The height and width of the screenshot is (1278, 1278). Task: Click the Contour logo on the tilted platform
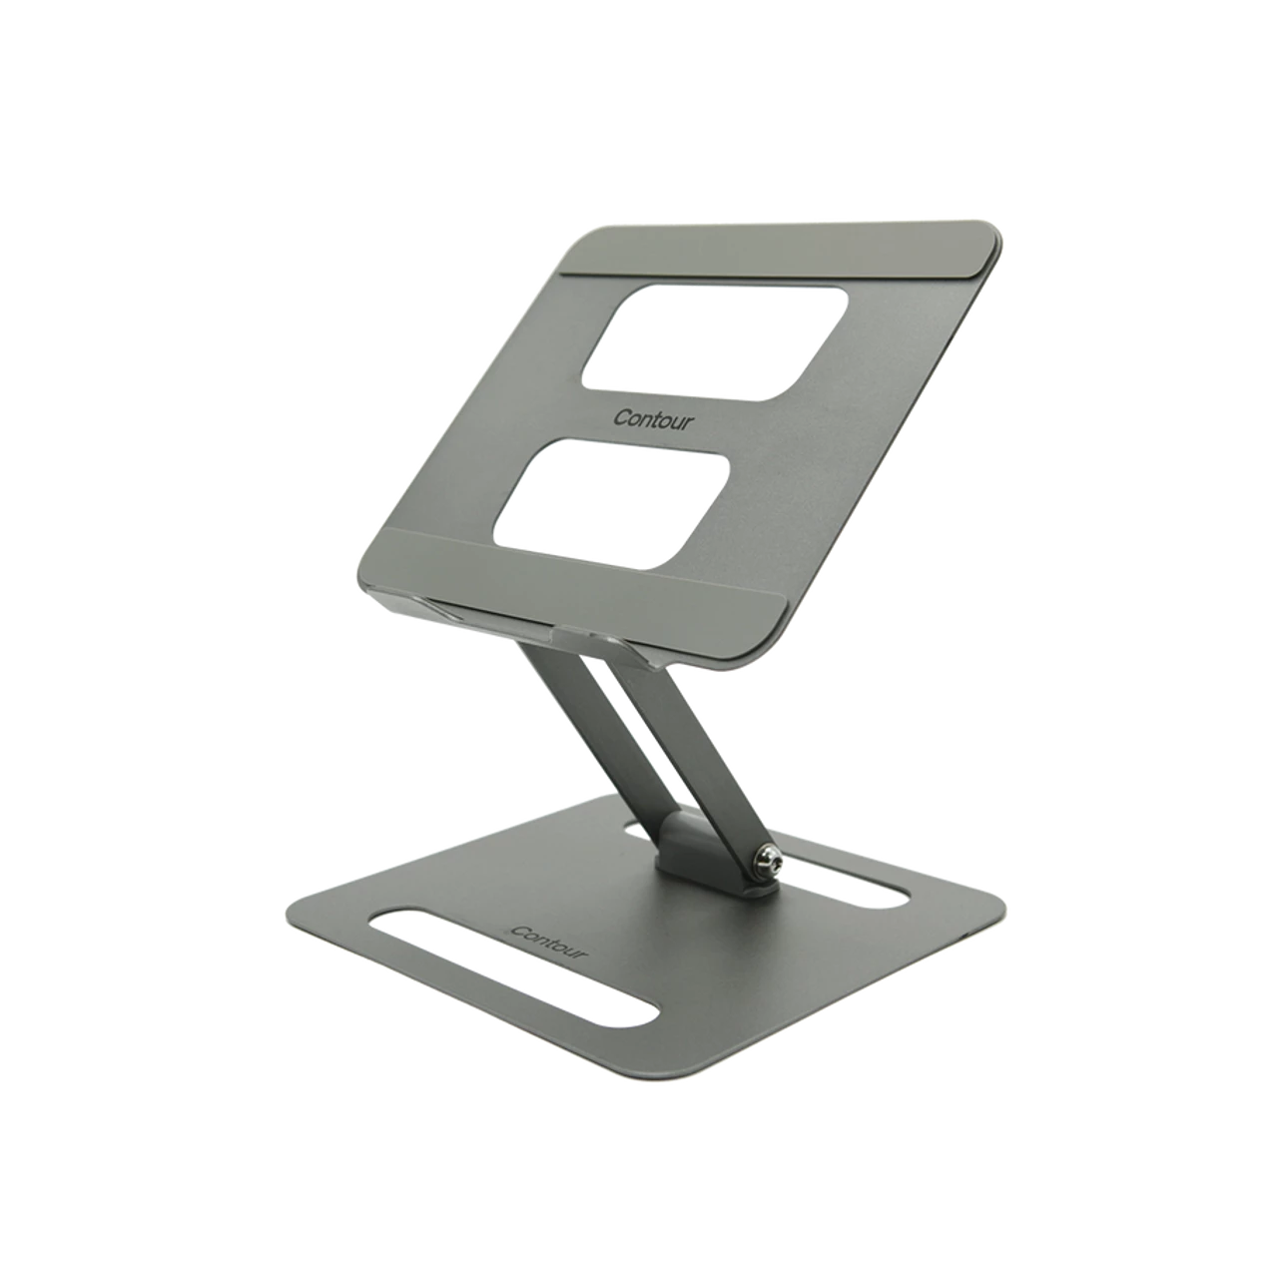pyautogui.click(x=653, y=419)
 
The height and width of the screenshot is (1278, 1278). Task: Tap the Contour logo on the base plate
pyautogui.click(x=549, y=943)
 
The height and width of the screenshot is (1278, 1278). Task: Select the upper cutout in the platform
pyautogui.click(x=714, y=342)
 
